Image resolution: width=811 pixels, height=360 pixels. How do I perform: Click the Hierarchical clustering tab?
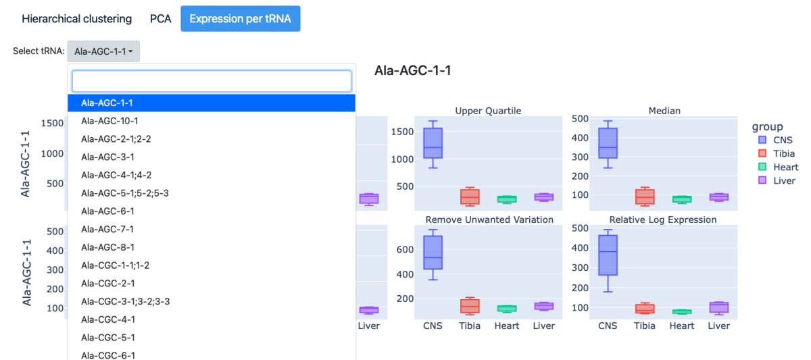click(76, 19)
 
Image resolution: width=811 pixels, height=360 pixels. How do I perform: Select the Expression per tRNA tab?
click(240, 19)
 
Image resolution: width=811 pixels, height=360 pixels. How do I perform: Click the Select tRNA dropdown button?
click(103, 51)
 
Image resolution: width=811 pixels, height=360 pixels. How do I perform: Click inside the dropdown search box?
click(212, 81)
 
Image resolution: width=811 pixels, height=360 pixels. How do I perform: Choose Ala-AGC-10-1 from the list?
click(109, 121)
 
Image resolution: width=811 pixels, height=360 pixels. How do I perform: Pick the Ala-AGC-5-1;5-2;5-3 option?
click(124, 193)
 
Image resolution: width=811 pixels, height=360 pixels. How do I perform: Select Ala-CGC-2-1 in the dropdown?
click(108, 283)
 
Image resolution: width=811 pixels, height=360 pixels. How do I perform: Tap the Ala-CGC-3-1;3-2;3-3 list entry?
click(125, 301)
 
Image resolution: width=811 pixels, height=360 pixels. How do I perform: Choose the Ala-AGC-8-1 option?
click(107, 247)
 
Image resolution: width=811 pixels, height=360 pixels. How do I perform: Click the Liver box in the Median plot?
click(718, 197)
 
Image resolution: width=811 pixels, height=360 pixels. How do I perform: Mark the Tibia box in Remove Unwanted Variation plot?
click(470, 305)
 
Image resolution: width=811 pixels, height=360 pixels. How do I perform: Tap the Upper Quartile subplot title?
click(488, 111)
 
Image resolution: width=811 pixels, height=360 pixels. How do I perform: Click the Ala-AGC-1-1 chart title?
click(412, 70)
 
